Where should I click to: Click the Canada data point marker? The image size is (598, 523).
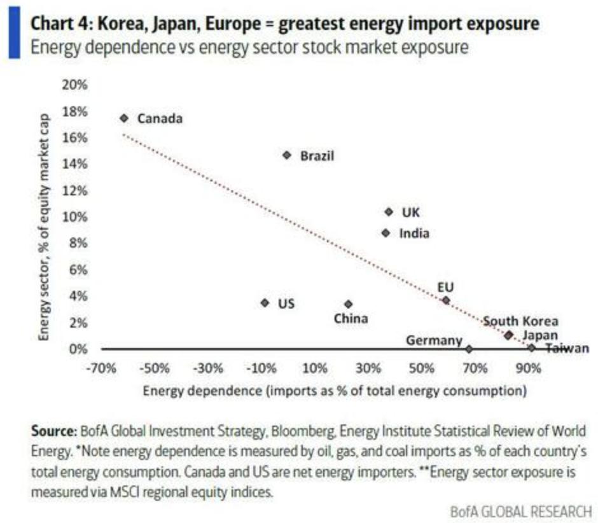124,118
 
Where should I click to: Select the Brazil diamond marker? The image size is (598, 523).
287,155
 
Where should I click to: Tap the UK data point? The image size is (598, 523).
389,212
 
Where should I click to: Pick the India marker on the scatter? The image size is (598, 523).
386,233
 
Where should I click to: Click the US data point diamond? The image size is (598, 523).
265,303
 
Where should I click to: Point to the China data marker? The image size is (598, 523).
348,304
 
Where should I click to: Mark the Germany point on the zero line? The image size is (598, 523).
469,349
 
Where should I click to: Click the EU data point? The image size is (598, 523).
446,300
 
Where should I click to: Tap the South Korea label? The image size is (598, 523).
520,321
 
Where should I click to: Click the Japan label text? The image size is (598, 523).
540,335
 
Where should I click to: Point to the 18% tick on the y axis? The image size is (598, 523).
76,111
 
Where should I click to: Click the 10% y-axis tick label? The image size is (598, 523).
76,217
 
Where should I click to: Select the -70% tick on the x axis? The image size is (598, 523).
102,368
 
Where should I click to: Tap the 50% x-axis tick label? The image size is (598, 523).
422,368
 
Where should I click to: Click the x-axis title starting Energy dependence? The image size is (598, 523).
335,390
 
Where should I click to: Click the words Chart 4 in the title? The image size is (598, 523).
62,24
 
